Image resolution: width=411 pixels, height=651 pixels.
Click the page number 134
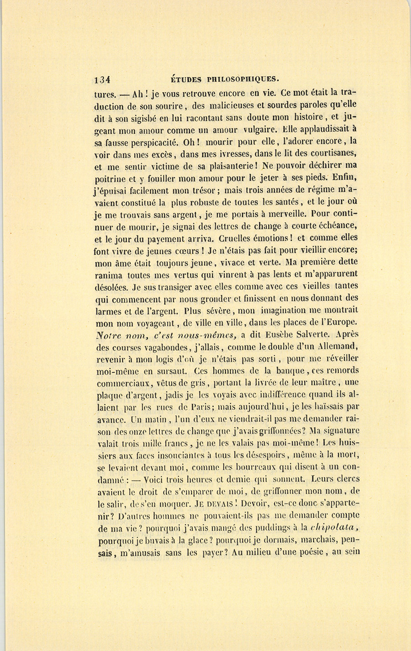pyautogui.click(x=102, y=79)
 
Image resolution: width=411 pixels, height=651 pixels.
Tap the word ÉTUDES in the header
pyautogui.click(x=186, y=78)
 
